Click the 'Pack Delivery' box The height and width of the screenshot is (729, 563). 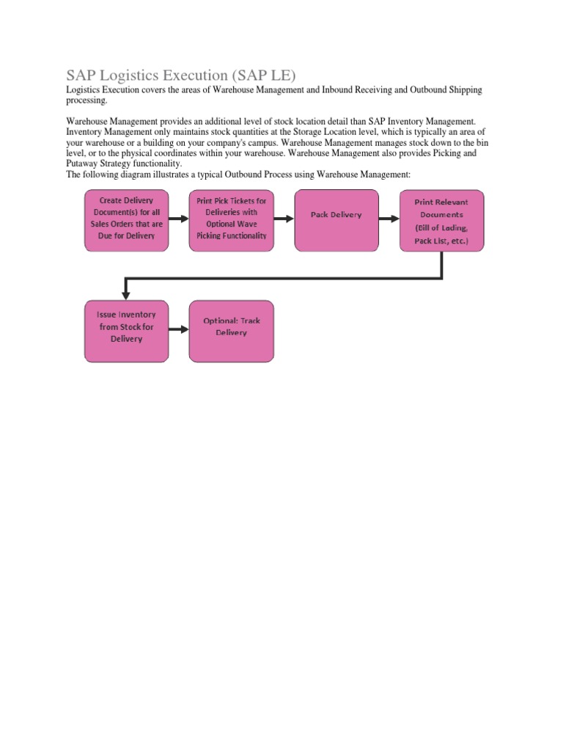pyautogui.click(x=336, y=221)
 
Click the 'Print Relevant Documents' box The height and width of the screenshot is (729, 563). pyautogui.click(x=441, y=221)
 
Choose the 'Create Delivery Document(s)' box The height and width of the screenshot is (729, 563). pyautogui.click(x=126, y=221)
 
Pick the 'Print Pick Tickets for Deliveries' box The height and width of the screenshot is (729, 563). pyautogui.click(x=231, y=221)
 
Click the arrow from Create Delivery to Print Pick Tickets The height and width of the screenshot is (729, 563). pyautogui.click(x=179, y=217)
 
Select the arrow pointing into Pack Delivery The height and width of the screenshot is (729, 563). pyautogui.click(x=284, y=217)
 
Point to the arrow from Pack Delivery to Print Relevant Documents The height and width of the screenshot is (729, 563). pyautogui.click(x=389, y=217)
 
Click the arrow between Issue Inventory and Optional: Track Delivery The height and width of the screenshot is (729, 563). pyautogui.click(x=179, y=329)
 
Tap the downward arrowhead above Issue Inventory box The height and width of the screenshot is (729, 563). pyautogui.click(x=126, y=293)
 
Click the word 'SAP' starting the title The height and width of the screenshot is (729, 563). pyautogui.click(x=82, y=75)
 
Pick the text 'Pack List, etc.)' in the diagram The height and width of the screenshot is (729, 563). pyautogui.click(x=441, y=241)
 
